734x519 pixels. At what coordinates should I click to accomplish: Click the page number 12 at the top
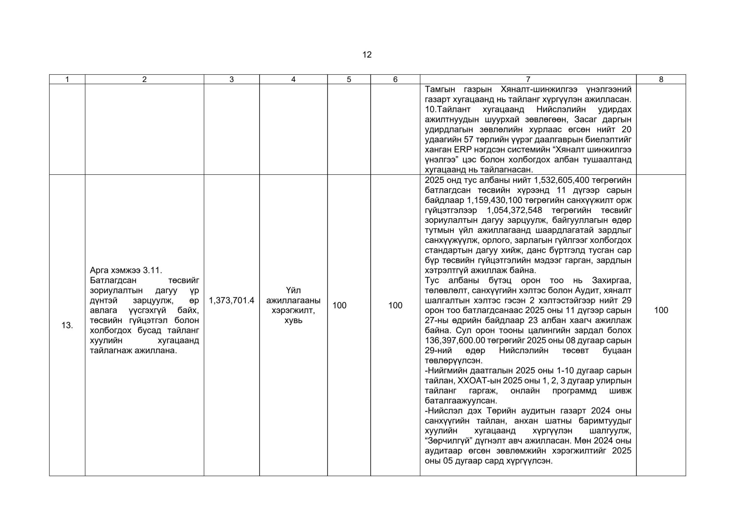(x=367, y=55)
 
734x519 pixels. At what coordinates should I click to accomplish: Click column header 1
(x=67, y=80)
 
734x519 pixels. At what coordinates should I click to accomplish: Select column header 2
(x=144, y=80)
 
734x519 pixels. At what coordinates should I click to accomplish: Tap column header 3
(x=231, y=80)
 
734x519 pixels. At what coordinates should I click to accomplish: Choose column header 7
(x=528, y=80)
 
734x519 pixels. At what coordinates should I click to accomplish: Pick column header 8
(x=661, y=80)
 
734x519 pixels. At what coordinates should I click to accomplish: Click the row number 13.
(x=67, y=325)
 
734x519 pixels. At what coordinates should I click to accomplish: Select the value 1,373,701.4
(x=231, y=300)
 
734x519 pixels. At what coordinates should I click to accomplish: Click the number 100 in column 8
(x=661, y=310)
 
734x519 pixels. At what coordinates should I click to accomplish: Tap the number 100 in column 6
(x=395, y=305)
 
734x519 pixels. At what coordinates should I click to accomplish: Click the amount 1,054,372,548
(x=514, y=210)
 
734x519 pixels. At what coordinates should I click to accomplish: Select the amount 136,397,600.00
(x=455, y=340)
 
